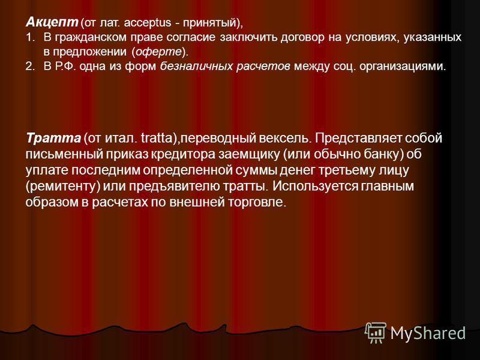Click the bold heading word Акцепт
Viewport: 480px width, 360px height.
pos(52,22)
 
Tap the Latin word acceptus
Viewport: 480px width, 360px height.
pos(148,23)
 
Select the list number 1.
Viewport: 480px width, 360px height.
pos(29,37)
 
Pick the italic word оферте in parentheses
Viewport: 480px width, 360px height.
pos(158,52)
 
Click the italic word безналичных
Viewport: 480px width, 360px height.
pos(196,67)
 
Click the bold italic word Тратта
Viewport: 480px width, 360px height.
pos(53,138)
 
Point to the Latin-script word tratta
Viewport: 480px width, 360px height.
pos(157,138)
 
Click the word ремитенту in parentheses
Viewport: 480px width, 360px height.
pos(63,187)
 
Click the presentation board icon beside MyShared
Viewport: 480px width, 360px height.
pos(376,333)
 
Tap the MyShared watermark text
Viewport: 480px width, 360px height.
pos(428,332)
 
